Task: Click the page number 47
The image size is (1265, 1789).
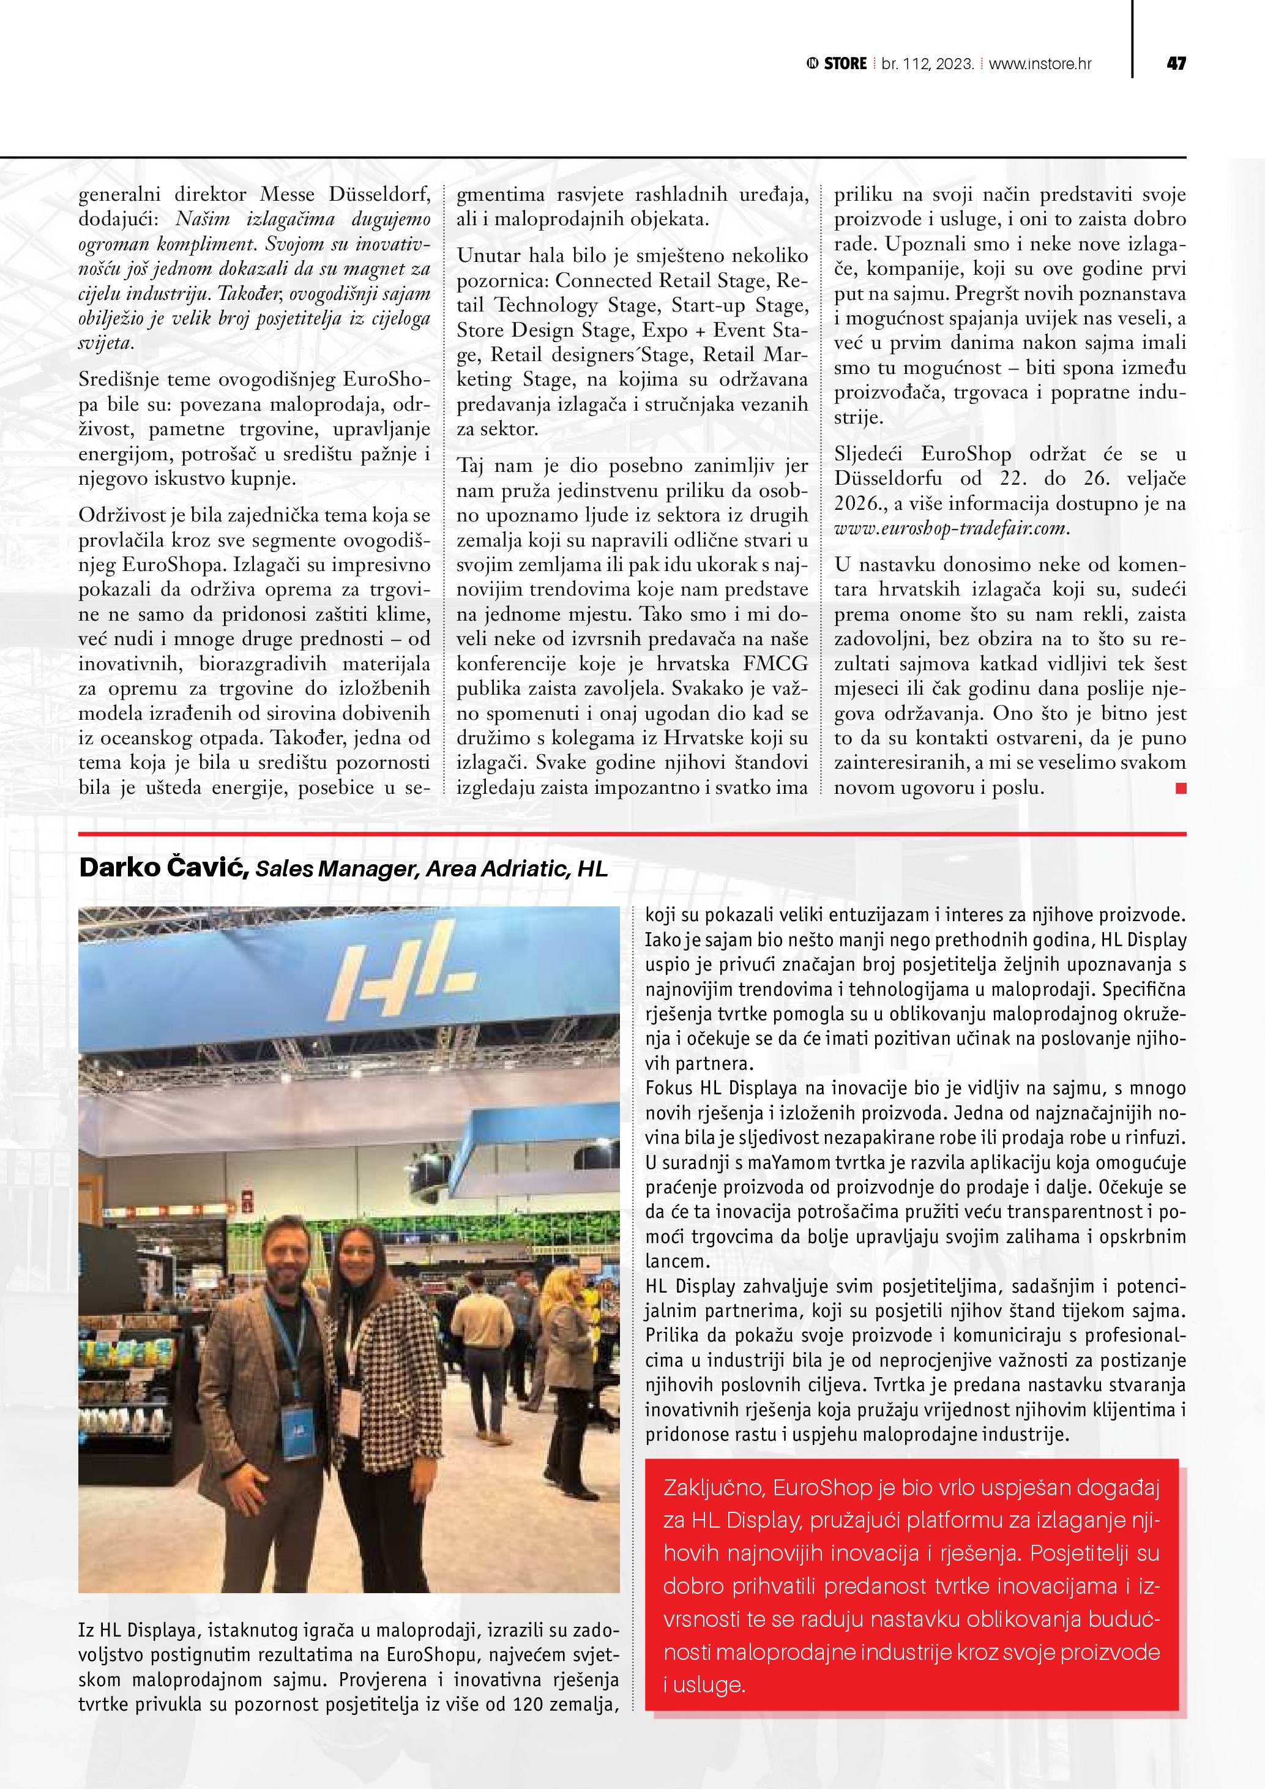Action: coord(1176,64)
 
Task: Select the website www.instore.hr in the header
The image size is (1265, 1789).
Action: coord(1040,64)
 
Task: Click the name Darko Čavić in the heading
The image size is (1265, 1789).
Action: coord(163,868)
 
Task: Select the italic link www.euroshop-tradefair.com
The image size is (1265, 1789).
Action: coord(950,528)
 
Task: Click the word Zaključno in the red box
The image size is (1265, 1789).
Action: coord(713,1488)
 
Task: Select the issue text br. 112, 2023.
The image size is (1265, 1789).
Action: coord(928,64)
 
